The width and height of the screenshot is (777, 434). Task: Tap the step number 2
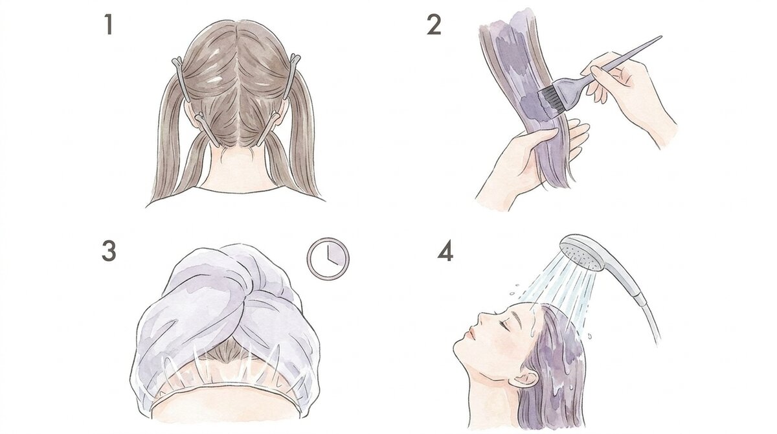point(434,25)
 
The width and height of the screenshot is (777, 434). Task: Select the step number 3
point(109,251)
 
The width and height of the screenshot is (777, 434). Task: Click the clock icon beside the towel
point(328,258)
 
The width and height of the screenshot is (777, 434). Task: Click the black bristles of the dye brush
point(551,100)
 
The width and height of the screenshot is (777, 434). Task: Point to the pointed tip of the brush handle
point(662,36)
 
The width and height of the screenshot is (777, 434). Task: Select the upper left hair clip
point(182,79)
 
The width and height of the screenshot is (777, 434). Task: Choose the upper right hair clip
point(292,76)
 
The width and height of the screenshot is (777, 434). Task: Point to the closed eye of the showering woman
point(507,324)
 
